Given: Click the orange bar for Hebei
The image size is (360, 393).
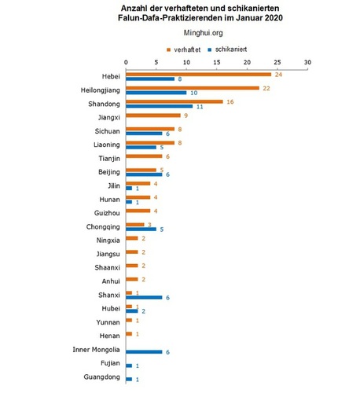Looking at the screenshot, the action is tap(198, 75).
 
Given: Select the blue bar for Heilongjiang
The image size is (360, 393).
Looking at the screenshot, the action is tap(156, 93).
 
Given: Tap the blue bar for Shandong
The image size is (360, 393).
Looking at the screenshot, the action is tap(159, 106).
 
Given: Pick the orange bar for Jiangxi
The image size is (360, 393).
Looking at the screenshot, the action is tap(153, 116).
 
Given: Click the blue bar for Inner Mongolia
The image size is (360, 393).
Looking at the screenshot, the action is tap(144, 352).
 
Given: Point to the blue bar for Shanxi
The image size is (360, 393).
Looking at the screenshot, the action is tap(144, 297).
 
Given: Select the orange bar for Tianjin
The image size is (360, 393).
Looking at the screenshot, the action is tap(144, 156).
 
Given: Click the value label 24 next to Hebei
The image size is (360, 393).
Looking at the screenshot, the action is tap(278, 75).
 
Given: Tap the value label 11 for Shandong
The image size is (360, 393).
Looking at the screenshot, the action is tap(200, 107).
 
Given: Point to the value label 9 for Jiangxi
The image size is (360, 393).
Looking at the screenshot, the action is tap(186, 116).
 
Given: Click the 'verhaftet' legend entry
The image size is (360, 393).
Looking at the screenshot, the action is tap(184, 50).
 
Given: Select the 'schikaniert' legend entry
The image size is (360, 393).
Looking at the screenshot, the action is tap(227, 50).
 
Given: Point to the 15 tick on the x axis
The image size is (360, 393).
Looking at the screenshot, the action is tap(217, 62).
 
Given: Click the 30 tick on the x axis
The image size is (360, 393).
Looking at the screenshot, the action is tap(307, 62).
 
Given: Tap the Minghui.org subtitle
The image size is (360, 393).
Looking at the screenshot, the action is tap(204, 33).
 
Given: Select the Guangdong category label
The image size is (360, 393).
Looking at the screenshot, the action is tap(101, 377).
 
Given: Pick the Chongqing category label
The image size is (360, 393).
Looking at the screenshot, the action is tap(103, 227).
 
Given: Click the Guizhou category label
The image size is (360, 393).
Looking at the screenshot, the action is tap(107, 213).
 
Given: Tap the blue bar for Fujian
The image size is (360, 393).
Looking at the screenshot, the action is tap(129, 365).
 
